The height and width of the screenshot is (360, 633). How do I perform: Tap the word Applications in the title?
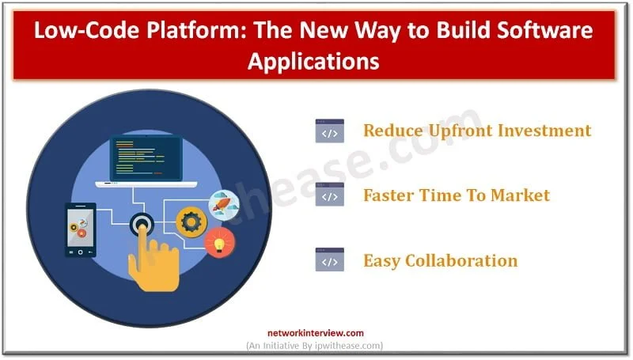coord(315,60)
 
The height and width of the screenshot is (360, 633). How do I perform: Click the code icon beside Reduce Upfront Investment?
coord(329,131)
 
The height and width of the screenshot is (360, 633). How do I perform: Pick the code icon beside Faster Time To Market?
coord(329,195)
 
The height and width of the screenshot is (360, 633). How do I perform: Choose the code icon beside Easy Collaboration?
coord(329,260)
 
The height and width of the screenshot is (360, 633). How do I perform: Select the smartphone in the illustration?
coord(80,229)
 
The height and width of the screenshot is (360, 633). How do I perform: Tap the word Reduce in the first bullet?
coord(392,131)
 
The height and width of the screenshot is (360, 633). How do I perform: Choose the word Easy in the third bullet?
coord(381,260)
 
